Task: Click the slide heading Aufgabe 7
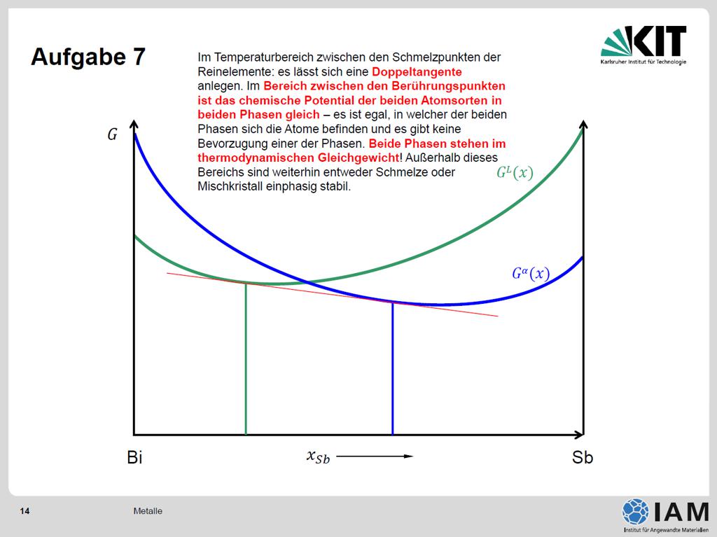[x=88, y=57]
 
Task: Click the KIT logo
[x=643, y=45]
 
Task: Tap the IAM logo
[x=666, y=515]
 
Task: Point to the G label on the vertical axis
[x=113, y=134]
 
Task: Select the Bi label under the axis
[x=134, y=457]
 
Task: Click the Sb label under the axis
[x=582, y=457]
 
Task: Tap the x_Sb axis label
[x=318, y=456]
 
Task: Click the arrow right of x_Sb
[x=375, y=456]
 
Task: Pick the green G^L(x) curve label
[x=515, y=172]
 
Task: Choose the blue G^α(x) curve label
[x=531, y=273]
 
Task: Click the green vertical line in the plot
[x=246, y=358]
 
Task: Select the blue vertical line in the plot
[x=392, y=368]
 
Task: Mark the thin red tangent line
[x=333, y=295]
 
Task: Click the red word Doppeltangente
[x=417, y=72]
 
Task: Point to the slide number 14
[x=25, y=511]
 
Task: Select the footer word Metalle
[x=148, y=511]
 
